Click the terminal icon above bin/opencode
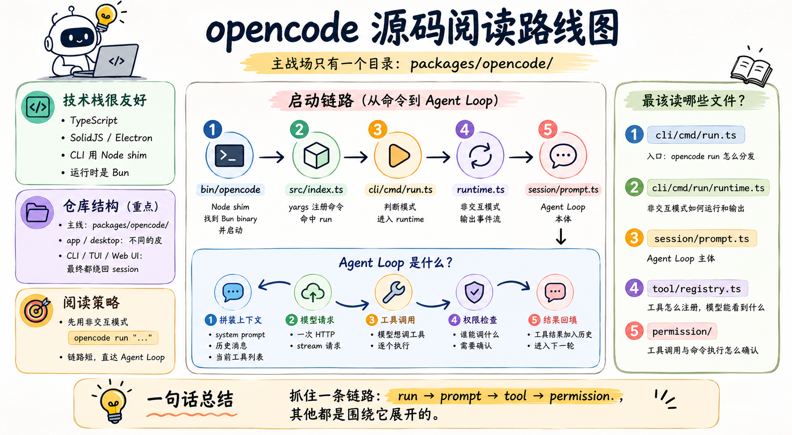pyautogui.click(x=230, y=156)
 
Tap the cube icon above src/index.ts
pyautogui.click(x=316, y=156)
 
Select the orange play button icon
pyautogui.click(x=399, y=156)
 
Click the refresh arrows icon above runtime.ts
pyautogui.click(x=480, y=156)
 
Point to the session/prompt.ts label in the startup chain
pyautogui.click(x=563, y=190)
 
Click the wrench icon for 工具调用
pyautogui.click(x=393, y=292)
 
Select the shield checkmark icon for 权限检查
pyautogui.click(x=474, y=292)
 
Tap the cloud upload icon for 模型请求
pyautogui.click(x=312, y=293)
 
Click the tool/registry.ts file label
pyautogui.click(x=697, y=289)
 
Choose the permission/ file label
pyautogui.click(x=682, y=332)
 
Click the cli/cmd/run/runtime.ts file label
pyautogui.click(x=708, y=188)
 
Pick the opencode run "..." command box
pyautogui.click(x=113, y=338)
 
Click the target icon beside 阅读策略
pyautogui.click(x=36, y=310)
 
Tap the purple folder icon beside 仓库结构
pyautogui.click(x=37, y=213)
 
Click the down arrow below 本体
pyautogui.click(x=561, y=236)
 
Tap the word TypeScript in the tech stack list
pyautogui.click(x=94, y=120)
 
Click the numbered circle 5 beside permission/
pyautogui.click(x=634, y=331)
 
